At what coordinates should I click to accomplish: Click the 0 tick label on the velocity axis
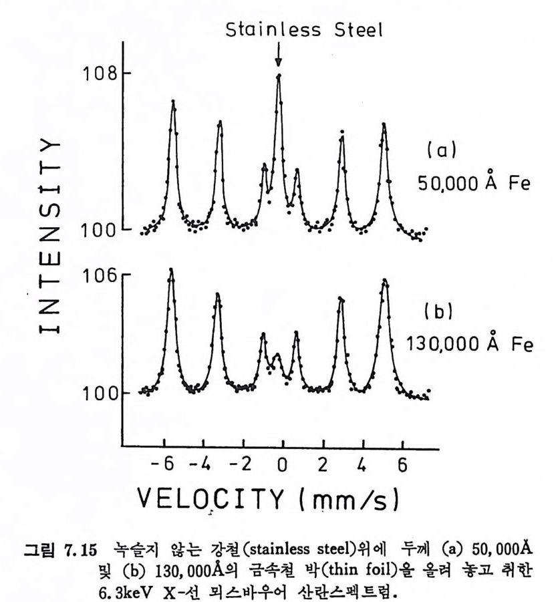click(282, 464)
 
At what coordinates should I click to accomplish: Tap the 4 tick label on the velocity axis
click(362, 464)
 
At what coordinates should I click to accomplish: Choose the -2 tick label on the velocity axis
click(244, 464)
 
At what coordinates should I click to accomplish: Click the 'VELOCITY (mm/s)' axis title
click(269, 497)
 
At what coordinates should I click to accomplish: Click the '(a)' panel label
click(440, 151)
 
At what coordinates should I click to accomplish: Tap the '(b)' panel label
click(439, 311)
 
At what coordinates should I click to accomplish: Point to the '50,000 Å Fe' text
click(474, 183)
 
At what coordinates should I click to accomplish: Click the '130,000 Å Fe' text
click(470, 344)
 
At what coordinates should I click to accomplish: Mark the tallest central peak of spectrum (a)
click(279, 76)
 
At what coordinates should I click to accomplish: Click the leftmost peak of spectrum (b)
click(172, 271)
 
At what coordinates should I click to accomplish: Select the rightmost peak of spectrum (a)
click(384, 125)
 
